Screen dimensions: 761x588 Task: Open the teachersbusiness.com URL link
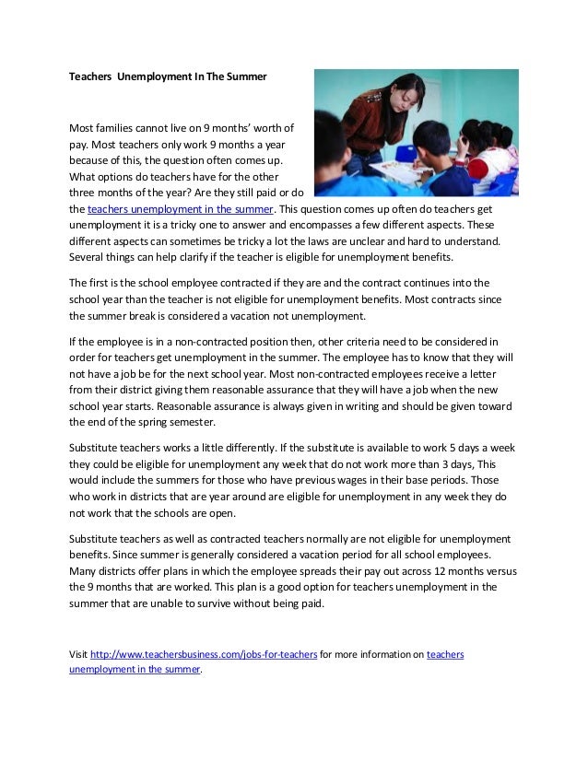(205, 654)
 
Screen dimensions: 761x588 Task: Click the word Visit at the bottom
(78, 654)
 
